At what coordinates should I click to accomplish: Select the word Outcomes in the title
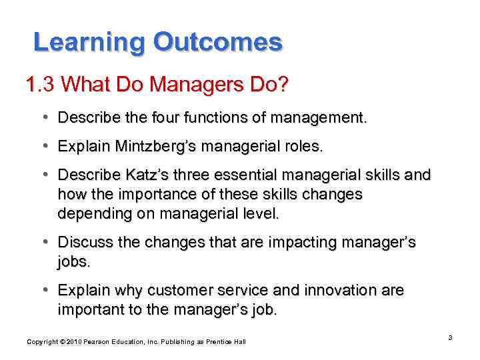coord(218,43)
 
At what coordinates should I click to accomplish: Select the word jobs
coord(73,263)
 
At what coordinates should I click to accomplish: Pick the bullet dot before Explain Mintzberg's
coord(44,147)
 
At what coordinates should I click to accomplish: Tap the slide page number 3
coord(450,338)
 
